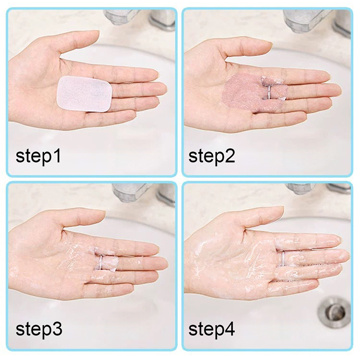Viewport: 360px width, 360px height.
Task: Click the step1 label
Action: (38, 156)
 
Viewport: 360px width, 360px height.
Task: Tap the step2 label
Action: (211, 156)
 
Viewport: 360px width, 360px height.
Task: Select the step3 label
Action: (39, 329)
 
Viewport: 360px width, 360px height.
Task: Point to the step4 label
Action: (211, 329)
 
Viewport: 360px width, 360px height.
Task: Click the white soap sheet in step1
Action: (84, 94)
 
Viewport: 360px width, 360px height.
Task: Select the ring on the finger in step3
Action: (101, 262)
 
